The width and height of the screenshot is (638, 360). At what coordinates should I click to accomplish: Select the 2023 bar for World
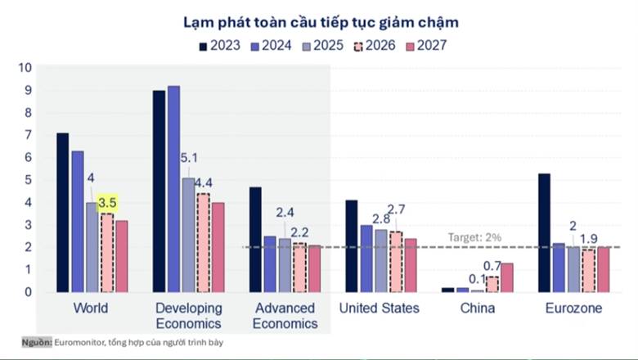point(63,212)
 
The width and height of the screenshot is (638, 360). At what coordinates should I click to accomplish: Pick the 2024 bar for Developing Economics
point(173,188)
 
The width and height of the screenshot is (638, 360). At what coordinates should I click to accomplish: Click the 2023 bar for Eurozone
point(544,232)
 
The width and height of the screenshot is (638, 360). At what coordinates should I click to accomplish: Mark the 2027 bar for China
point(507,277)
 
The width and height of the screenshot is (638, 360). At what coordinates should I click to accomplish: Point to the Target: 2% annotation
point(474,236)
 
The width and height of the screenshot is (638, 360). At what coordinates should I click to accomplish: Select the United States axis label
point(380,308)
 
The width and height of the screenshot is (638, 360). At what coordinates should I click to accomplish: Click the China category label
point(478,308)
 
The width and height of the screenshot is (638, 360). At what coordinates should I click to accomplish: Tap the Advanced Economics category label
point(285,316)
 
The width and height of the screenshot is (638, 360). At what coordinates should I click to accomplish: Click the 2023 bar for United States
point(352,245)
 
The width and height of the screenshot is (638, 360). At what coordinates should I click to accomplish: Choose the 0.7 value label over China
point(492,266)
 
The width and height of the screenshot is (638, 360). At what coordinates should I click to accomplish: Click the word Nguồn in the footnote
point(37,342)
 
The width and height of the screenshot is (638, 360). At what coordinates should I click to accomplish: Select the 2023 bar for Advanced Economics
point(255,239)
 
